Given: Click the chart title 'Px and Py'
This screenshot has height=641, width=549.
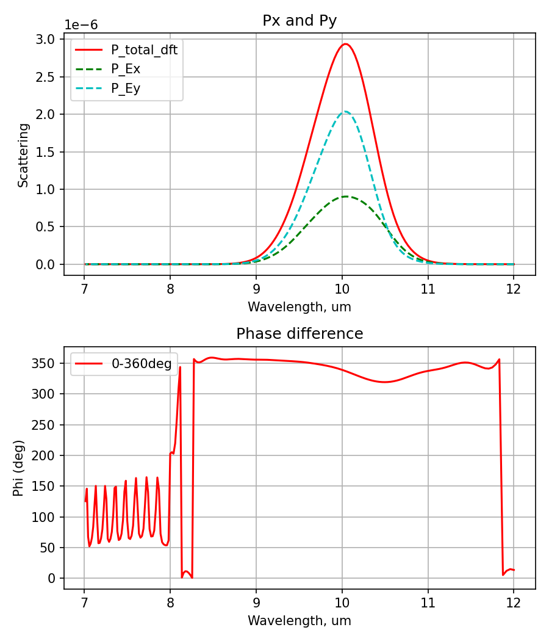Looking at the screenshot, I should [300, 20].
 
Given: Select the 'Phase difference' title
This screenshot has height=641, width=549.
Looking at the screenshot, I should [300, 334].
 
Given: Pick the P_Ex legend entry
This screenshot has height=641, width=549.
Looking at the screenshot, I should [126, 69].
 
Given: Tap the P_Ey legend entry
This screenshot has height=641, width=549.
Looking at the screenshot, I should [126, 88].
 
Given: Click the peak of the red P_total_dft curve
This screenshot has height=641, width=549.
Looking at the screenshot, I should [345, 44].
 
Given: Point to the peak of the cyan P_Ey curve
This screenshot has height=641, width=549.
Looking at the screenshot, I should [345, 112].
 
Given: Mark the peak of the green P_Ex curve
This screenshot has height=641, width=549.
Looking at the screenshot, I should [346, 197].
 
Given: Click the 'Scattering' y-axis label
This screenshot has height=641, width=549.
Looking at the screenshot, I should [23, 155].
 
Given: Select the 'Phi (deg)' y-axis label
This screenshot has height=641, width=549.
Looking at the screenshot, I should [19, 468].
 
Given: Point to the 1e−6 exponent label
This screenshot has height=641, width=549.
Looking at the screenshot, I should [81, 25].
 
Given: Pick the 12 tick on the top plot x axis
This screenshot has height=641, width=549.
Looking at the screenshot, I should [514, 288].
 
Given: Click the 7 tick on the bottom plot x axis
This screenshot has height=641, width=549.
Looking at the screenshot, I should [84, 601].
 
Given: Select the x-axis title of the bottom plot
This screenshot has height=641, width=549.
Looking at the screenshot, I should [300, 621].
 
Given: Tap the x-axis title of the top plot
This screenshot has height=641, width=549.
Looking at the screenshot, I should [300, 307].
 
